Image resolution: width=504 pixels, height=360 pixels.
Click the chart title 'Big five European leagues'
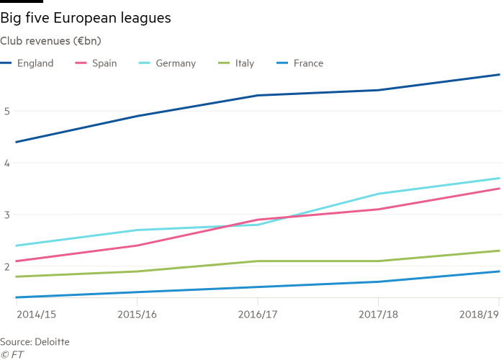point(86,19)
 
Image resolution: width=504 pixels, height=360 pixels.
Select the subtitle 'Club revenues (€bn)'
point(55,41)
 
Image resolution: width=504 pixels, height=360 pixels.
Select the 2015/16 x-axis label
point(137,315)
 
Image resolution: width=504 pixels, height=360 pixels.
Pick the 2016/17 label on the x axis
point(257,315)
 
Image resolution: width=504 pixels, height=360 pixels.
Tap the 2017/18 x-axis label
point(378,315)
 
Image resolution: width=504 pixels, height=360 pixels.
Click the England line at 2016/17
point(257,95)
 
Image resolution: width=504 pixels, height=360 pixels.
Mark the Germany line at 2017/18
point(378,194)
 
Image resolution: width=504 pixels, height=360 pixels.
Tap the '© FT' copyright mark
point(12,354)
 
